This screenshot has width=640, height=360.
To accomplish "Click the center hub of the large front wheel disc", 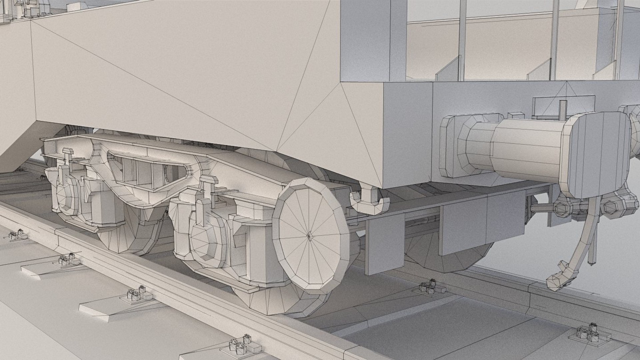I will click(x=309, y=236).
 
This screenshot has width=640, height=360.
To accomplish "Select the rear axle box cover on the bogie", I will click(x=67, y=197).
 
